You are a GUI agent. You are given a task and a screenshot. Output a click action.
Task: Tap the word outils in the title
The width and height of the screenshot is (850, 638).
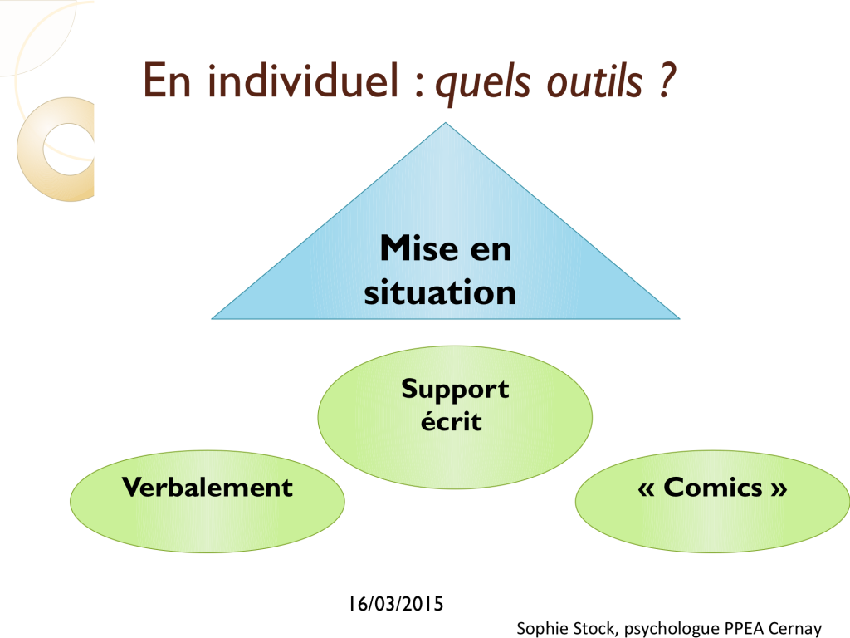pyautogui.click(x=594, y=81)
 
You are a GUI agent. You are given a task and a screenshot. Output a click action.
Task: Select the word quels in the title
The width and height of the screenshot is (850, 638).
pyautogui.click(x=483, y=84)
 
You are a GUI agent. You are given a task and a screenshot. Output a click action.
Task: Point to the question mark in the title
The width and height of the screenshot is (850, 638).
pyautogui.click(x=667, y=80)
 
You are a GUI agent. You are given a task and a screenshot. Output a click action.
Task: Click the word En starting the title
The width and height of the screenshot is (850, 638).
pyautogui.click(x=167, y=81)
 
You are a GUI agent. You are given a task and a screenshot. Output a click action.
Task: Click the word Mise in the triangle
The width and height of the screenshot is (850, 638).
pyautogui.click(x=419, y=248)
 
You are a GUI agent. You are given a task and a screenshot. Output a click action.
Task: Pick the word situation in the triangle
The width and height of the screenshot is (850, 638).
pyautogui.click(x=440, y=292)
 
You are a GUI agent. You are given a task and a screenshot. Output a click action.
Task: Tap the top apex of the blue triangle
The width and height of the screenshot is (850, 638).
pyautogui.click(x=446, y=123)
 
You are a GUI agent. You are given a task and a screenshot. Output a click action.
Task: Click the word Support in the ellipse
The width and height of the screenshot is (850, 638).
pyautogui.click(x=455, y=390)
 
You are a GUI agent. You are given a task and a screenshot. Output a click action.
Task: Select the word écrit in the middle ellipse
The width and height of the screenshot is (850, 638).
pyautogui.click(x=451, y=421)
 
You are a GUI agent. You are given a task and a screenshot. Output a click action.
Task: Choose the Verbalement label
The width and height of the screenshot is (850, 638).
pyautogui.click(x=207, y=487)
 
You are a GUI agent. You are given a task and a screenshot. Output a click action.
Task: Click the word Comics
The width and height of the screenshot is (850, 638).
pyautogui.click(x=712, y=487)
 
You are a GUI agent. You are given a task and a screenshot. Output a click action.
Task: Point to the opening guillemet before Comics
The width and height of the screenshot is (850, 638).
pyautogui.click(x=646, y=489)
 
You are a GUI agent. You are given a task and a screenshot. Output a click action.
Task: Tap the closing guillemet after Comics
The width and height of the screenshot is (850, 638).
pyautogui.click(x=779, y=489)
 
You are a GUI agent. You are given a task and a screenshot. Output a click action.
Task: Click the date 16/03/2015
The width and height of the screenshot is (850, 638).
pyautogui.click(x=396, y=604)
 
